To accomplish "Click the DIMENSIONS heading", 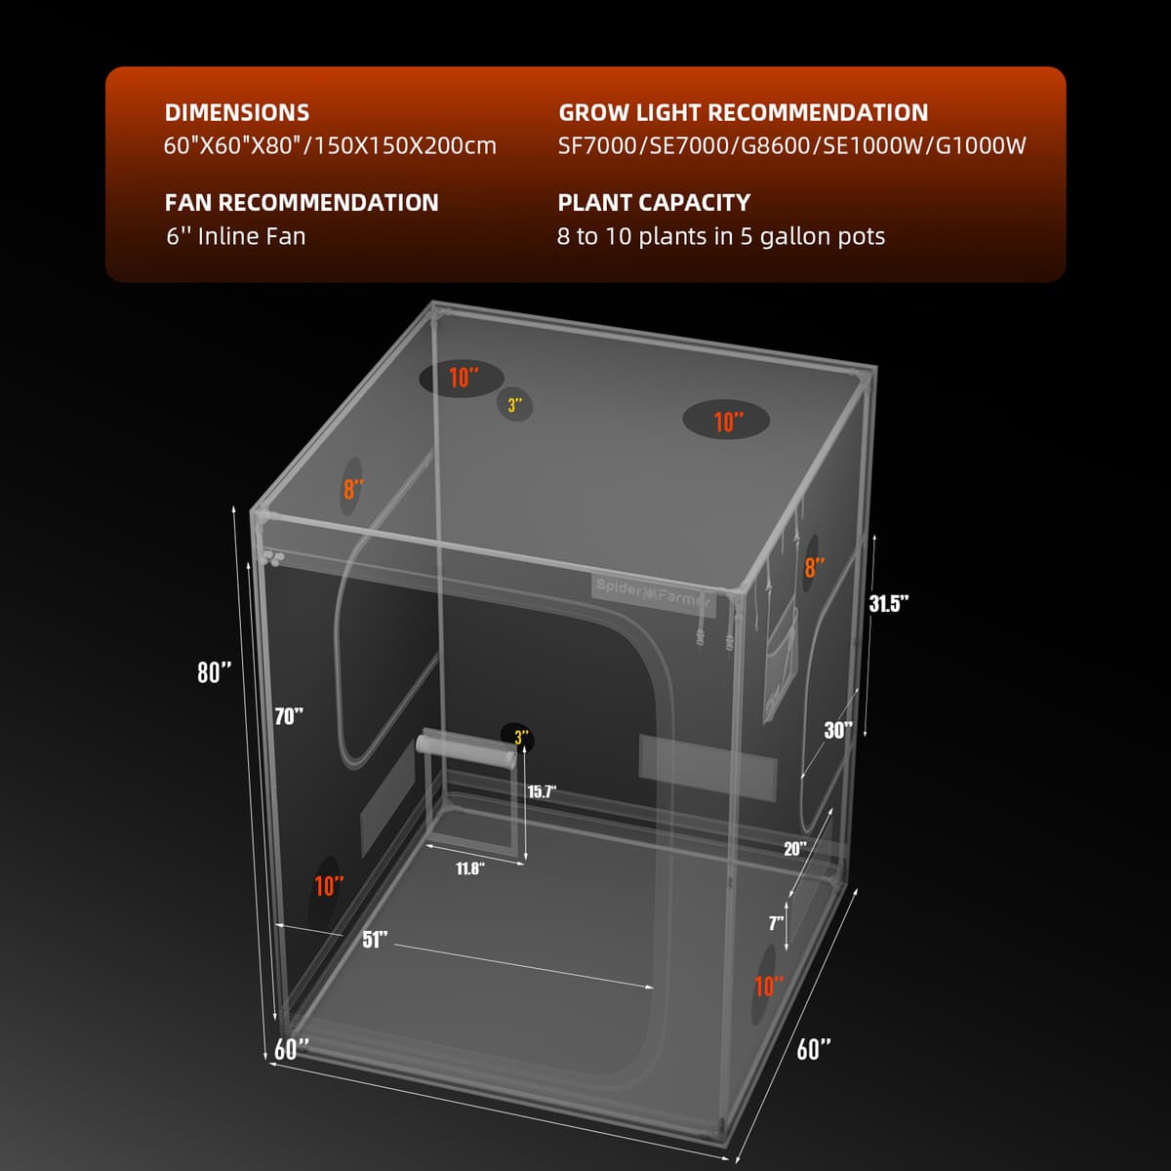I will click(237, 112).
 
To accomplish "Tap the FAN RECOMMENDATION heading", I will click(302, 202).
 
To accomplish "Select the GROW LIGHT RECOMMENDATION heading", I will click(743, 112).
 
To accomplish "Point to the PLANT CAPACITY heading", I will click(654, 202).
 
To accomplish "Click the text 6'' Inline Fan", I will click(235, 236).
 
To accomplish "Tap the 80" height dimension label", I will click(215, 672).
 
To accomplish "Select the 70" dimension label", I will click(289, 716).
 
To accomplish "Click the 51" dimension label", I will click(376, 939).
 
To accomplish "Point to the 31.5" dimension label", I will click(889, 603).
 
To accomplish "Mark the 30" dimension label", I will click(838, 730).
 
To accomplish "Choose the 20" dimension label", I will click(795, 848).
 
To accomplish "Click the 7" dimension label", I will click(776, 922).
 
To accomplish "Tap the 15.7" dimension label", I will click(542, 791).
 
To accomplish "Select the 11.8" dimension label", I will click(469, 868).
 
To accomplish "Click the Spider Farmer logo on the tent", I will click(653, 593).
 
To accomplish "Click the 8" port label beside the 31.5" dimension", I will click(814, 567).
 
